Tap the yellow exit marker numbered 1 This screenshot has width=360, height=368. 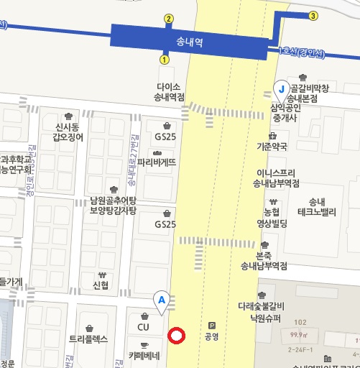point(165,60)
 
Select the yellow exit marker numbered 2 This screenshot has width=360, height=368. point(169,19)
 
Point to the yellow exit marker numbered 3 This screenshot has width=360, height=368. point(313,16)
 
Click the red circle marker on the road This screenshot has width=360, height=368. point(176,336)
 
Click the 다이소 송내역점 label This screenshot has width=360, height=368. point(170,91)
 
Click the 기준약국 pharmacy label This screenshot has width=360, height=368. point(272,146)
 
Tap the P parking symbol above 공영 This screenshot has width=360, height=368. point(211,325)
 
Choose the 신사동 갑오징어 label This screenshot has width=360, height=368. point(68,132)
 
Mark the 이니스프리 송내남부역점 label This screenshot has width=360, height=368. point(277,178)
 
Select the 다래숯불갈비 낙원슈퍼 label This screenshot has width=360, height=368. point(262,312)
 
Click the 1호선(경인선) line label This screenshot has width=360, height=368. point(301,53)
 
